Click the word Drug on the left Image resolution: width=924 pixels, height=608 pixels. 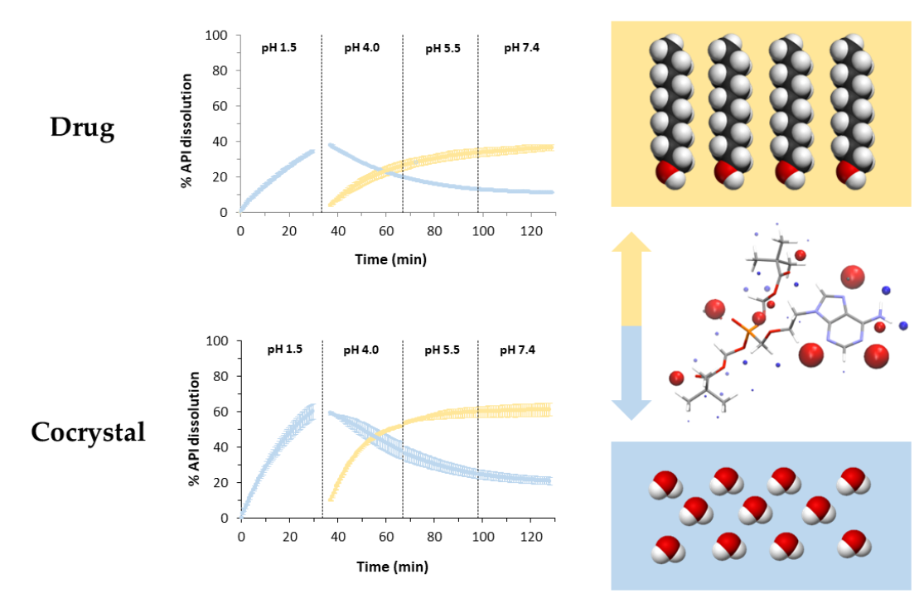81,128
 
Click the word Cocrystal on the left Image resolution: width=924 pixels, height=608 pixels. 88,432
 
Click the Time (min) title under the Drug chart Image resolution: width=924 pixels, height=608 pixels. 390,259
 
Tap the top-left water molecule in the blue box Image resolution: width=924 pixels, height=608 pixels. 665,483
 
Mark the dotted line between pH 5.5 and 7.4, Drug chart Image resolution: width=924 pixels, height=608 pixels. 478,124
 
